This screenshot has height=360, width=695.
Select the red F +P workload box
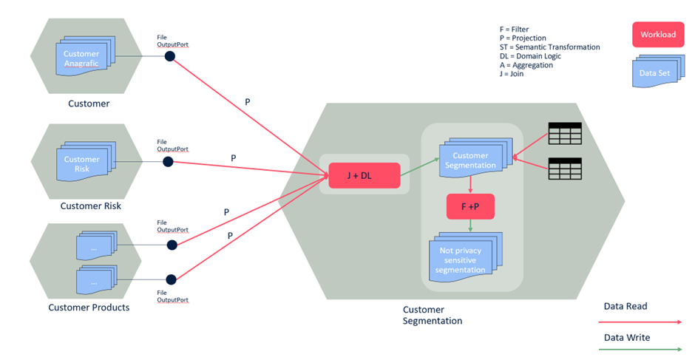tap(469, 207)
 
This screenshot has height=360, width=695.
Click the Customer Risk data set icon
tap(81, 163)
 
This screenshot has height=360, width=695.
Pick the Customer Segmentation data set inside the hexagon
tap(470, 160)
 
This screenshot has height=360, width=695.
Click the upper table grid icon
tap(564, 134)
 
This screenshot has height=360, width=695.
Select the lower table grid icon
tap(564, 169)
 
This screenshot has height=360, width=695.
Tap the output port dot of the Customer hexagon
tap(169, 56)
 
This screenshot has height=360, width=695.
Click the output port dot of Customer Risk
tap(168, 162)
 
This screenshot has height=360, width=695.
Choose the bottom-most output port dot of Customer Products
tap(172, 279)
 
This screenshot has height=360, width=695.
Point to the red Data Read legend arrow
tap(640, 322)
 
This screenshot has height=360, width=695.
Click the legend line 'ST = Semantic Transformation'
tap(549, 47)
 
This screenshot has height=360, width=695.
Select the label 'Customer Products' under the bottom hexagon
tap(89, 308)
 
